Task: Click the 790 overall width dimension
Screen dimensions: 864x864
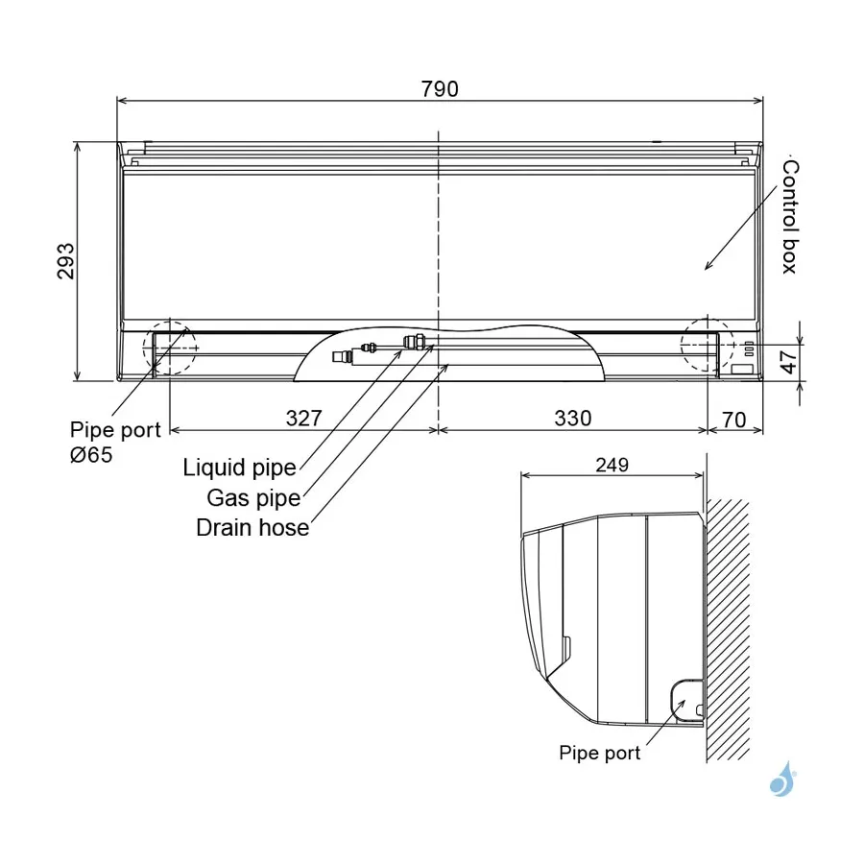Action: tap(440, 88)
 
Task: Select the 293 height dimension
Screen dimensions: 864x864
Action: tap(65, 260)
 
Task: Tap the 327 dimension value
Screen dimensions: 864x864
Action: tap(303, 419)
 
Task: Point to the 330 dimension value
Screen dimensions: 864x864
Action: tap(573, 419)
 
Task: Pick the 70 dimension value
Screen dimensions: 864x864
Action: tap(734, 420)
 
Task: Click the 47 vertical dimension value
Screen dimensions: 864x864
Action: tap(788, 362)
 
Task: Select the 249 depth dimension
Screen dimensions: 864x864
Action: tap(612, 465)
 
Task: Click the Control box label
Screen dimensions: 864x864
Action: tap(790, 217)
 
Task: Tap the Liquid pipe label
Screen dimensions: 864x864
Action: tap(240, 468)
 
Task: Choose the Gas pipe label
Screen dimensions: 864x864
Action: tap(253, 498)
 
